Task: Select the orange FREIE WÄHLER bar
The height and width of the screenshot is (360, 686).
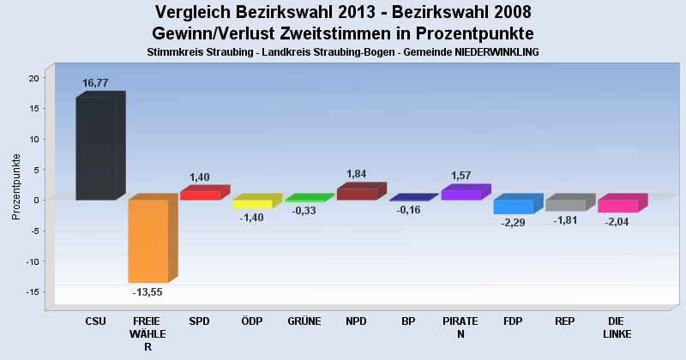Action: pyautogui.click(x=147, y=241)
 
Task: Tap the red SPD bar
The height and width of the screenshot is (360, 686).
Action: pyautogui.click(x=200, y=195)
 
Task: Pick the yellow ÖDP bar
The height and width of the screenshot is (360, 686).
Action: pyautogui.click(x=252, y=204)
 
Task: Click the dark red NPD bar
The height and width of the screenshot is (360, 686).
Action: pyautogui.click(x=357, y=195)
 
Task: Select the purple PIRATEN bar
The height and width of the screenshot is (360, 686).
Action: pyautogui.click(x=460, y=195)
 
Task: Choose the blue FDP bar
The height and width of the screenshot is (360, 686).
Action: pyautogui.click(x=513, y=207)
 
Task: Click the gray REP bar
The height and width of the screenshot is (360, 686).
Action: pyautogui.click(x=565, y=205)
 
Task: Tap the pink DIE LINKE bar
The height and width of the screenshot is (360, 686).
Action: pyautogui.click(x=617, y=206)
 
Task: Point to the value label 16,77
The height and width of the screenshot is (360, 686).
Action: pyautogui.click(x=95, y=83)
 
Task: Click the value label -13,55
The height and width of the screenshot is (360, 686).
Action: pyautogui.click(x=147, y=292)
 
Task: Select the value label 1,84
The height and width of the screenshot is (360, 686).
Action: pyautogui.click(x=357, y=174)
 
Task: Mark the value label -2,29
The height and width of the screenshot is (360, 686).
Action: pyautogui.click(x=513, y=224)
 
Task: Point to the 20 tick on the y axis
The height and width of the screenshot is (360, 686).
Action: pyautogui.click(x=34, y=78)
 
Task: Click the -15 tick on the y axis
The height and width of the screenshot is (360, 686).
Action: pyautogui.click(x=33, y=292)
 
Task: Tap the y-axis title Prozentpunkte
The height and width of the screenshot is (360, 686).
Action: pyautogui.click(x=16, y=187)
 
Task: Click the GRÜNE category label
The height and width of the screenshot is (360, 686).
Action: pyautogui.click(x=304, y=321)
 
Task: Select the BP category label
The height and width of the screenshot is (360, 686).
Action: pyautogui.click(x=408, y=321)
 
